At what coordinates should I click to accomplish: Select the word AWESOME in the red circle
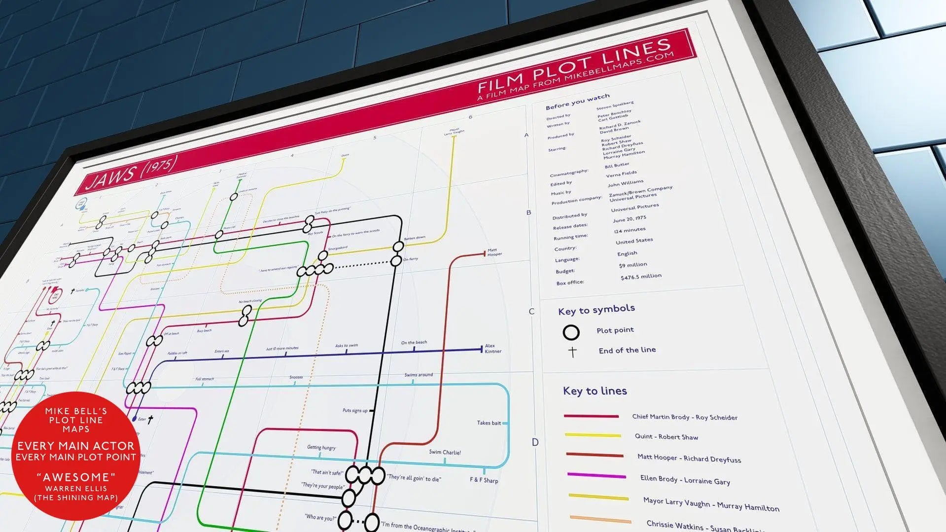coord(76,477)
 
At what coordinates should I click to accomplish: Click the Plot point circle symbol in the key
coord(571,332)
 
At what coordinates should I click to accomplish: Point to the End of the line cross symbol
coord(572,352)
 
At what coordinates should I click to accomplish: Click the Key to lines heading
coord(595,391)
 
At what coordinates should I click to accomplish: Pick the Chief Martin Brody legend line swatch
coord(591,416)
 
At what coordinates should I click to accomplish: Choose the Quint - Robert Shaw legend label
coord(666,437)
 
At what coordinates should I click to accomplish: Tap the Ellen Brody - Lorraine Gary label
coord(685,480)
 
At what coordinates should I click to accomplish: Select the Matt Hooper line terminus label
coord(494,252)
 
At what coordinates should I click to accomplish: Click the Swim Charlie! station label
coord(445,452)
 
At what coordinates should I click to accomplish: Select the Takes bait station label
coord(489,423)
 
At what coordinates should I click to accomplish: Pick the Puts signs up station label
coord(355,410)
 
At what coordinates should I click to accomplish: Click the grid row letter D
coord(535,442)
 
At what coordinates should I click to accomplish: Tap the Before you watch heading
coord(577,102)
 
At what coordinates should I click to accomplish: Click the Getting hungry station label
coord(321,447)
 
